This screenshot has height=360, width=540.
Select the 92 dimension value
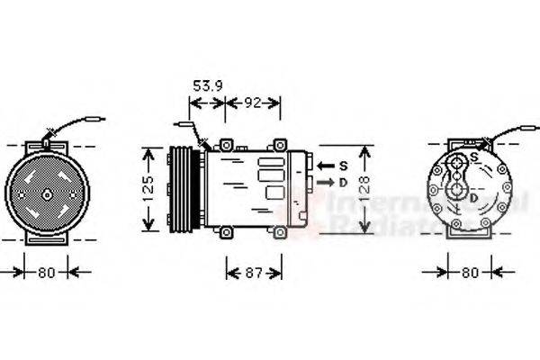click(x=254, y=103)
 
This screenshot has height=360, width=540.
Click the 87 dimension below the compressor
click(x=253, y=271)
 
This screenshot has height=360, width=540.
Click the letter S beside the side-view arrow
click(x=342, y=165)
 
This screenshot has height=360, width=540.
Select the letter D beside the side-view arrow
click(x=342, y=182)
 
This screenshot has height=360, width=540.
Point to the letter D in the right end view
click(x=473, y=197)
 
